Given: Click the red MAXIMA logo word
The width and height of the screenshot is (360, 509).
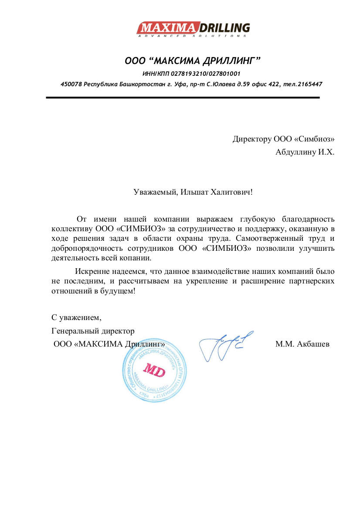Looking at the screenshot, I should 168,28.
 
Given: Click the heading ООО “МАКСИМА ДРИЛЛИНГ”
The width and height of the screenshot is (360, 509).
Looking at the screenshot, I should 193,60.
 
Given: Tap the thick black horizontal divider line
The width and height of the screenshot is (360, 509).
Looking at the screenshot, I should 183,98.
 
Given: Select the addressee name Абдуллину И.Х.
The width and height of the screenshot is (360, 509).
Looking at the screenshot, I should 305,152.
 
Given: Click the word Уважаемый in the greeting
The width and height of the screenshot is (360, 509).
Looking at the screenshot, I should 153,192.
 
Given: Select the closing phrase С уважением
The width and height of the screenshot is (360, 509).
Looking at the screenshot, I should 77,317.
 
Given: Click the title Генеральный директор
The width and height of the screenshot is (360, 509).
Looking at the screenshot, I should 93,330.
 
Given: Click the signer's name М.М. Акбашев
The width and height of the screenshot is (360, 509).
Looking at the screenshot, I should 302,344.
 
